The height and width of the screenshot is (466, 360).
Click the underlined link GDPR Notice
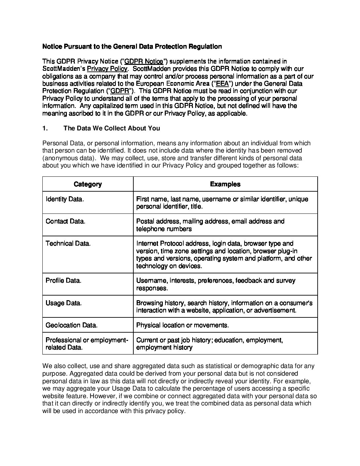pos(144,61)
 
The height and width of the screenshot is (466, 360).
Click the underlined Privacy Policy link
pos(107,69)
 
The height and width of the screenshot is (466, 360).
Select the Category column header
pos(88,184)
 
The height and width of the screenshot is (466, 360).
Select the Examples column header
pos(225,184)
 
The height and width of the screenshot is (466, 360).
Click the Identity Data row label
pos(65,199)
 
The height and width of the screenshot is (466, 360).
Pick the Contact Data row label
pos(66,221)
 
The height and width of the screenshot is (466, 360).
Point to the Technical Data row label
pos(68,244)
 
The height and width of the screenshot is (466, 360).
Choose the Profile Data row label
pos(64,281)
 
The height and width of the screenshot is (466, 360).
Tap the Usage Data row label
pos(64,303)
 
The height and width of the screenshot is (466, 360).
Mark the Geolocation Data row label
pos(71,325)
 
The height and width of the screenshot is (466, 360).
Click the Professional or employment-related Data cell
pos(87,344)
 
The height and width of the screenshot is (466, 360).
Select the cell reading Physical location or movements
pos(183,325)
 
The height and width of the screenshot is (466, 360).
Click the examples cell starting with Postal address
pos(210,225)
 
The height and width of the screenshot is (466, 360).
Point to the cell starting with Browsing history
pos(224,307)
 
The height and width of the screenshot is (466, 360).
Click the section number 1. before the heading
pos(45,128)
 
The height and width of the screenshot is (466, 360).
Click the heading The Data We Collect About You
pos(112,128)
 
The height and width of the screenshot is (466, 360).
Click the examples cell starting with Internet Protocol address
pos(224,255)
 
